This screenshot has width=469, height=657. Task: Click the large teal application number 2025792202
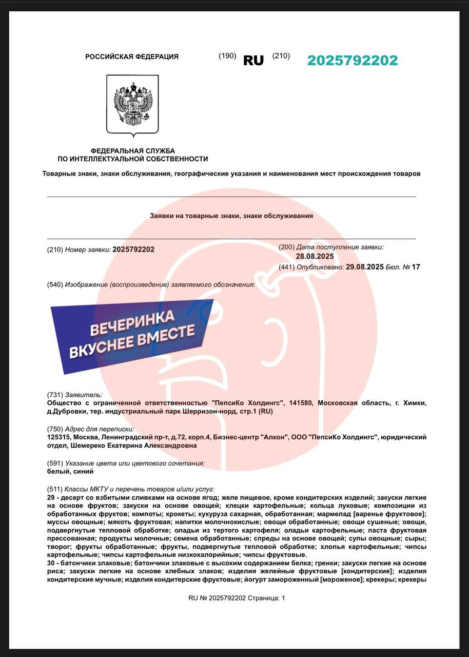[x=353, y=61]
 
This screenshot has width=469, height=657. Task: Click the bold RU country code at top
[x=253, y=61]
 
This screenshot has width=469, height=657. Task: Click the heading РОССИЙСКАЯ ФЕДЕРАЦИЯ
[x=132, y=57]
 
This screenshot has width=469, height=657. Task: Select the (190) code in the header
[x=227, y=56]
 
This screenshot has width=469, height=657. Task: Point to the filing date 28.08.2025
[x=315, y=257]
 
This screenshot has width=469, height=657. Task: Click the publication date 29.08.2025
[x=364, y=267]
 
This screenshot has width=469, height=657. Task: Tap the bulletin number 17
[x=416, y=267]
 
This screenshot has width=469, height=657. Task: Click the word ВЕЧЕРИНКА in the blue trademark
[x=132, y=322]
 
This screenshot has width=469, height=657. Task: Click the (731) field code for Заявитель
[x=54, y=395]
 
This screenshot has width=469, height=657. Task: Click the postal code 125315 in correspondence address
[x=58, y=437]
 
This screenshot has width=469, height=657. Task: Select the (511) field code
[x=54, y=489]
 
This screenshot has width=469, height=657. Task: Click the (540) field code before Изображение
[x=54, y=285]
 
